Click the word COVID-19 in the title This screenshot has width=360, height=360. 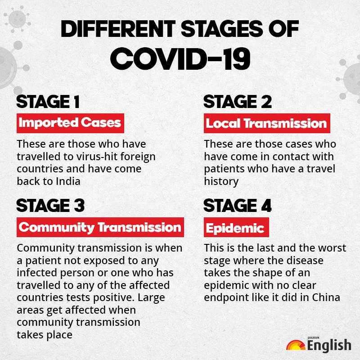point(180,59)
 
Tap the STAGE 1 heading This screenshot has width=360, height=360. point(48,102)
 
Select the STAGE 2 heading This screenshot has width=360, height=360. point(238,102)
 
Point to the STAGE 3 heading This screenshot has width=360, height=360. point(50,206)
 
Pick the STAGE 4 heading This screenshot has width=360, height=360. point(238,206)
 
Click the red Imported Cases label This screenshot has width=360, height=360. point(70,123)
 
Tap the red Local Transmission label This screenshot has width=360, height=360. point(267,123)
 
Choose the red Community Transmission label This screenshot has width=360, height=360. point(100,227)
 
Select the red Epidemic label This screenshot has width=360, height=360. point(236,227)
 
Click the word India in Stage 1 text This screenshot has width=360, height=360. point(68,181)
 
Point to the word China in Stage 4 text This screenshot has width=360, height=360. point(326,297)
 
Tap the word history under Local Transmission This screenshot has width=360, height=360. point(221,182)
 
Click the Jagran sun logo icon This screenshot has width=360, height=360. point(296,345)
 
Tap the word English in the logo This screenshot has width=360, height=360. point(329,346)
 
